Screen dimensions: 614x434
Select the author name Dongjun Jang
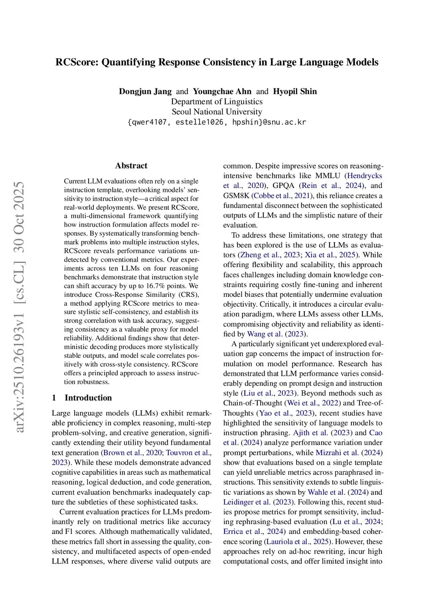point(145,92)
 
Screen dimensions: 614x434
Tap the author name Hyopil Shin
point(295,92)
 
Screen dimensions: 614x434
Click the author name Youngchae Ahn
point(222,92)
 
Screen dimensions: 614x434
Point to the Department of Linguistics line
point(217,102)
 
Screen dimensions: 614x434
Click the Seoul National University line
point(217,112)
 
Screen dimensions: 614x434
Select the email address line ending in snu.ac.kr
point(217,122)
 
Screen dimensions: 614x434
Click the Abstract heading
point(131,166)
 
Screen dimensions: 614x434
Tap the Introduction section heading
point(88,398)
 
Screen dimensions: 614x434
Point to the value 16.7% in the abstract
point(156,286)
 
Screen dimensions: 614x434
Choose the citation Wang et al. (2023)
point(277,334)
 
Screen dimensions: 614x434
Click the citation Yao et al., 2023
point(286,413)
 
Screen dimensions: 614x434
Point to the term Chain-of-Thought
point(253,403)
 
